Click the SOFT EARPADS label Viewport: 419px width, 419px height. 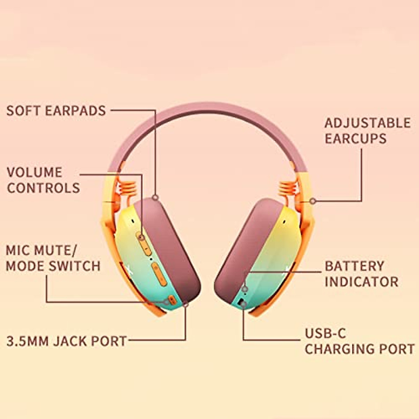pyautogui.click(x=56, y=111)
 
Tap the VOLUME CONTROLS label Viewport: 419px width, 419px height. pyautogui.click(x=43, y=180)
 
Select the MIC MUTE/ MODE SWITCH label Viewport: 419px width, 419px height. pyautogui.click(x=53, y=258)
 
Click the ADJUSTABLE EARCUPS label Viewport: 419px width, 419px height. pyautogui.click(x=367, y=131)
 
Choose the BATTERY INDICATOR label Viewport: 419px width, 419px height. pyautogui.click(x=361, y=274)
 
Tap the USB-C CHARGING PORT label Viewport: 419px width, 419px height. pyautogui.click(x=360, y=341)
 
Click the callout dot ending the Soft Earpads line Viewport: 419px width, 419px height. pyautogui.click(x=155, y=198)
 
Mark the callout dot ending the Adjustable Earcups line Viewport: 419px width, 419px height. pyautogui.click(x=313, y=201)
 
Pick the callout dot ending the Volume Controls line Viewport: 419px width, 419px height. pyautogui.click(x=142, y=237)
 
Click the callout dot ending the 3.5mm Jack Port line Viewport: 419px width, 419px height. pyautogui.click(x=185, y=304)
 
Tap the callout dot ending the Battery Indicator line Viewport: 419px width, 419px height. pyautogui.click(x=245, y=289)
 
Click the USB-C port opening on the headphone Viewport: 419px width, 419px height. pyautogui.click(x=241, y=302)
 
